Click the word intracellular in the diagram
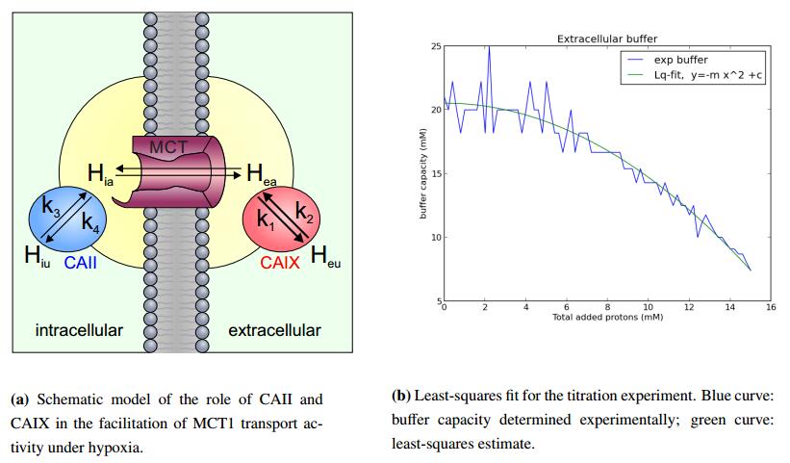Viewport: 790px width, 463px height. coord(79,331)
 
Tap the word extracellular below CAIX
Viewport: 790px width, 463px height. coord(274,331)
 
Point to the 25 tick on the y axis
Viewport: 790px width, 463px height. coord(435,46)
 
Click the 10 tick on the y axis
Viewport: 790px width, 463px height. coord(435,237)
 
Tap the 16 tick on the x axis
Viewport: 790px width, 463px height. coord(770,308)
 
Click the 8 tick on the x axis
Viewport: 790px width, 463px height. coord(606,308)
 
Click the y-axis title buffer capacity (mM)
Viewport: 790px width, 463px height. coord(423,173)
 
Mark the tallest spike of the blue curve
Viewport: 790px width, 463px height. coord(489,47)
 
